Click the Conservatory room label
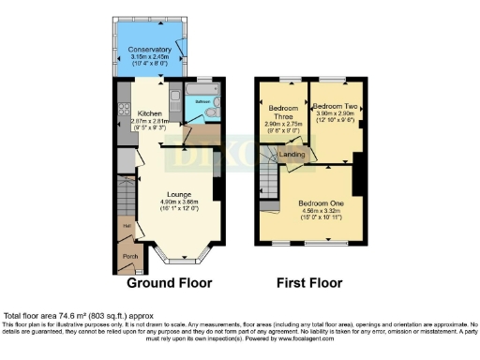pos(150,49)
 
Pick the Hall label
pos(124,225)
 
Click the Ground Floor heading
pos(169,282)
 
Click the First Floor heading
pos(309,282)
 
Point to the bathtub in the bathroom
pos(201,91)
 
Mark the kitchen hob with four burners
pos(122,113)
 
